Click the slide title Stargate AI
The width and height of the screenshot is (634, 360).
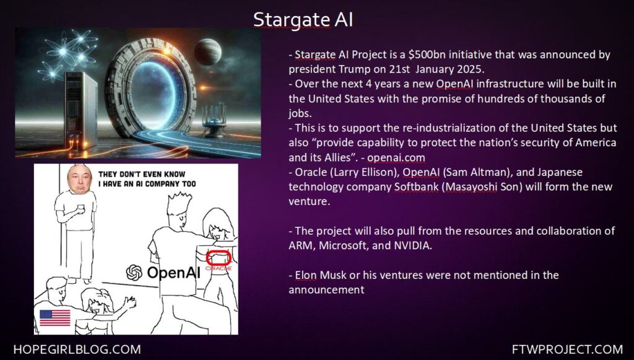(303, 19)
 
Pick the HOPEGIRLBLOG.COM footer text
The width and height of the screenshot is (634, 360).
(77, 349)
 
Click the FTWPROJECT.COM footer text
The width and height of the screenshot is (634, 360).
(567, 349)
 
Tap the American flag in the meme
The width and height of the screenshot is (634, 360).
(54, 318)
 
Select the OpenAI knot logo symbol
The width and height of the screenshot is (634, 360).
(134, 272)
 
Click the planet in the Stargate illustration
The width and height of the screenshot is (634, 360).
(207, 52)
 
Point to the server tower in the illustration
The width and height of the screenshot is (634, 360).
(81, 110)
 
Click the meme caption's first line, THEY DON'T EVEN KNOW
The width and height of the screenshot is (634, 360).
(142, 174)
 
